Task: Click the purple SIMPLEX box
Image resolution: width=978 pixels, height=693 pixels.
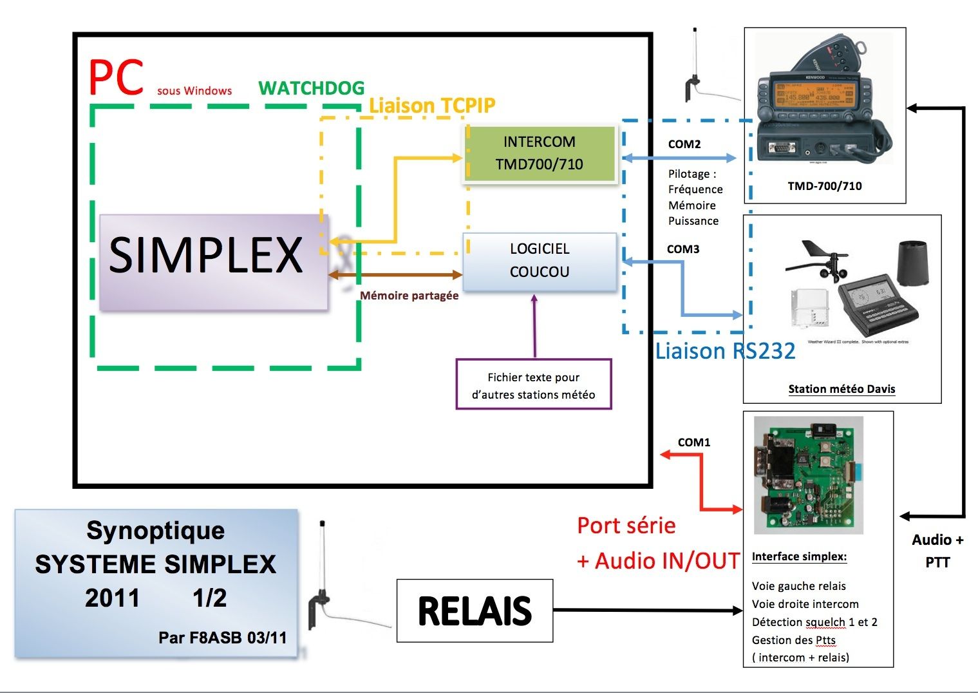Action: [214, 262]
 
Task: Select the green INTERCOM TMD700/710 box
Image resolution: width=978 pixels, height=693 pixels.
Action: [540, 153]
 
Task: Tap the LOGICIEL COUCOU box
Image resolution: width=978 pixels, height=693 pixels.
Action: [540, 261]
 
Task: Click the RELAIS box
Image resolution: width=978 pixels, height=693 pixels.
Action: [475, 611]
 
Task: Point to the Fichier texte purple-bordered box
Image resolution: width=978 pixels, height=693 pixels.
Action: [533, 385]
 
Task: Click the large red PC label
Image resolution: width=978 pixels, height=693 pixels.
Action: [116, 79]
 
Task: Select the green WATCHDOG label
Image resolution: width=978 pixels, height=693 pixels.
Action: [311, 88]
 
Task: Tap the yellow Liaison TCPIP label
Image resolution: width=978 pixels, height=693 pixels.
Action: [431, 106]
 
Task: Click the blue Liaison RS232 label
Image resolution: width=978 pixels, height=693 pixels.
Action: [725, 351]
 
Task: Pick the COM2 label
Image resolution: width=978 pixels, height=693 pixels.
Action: [684, 144]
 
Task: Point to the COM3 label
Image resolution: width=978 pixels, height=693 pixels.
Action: [682, 249]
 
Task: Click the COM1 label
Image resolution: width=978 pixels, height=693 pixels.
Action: [693, 442]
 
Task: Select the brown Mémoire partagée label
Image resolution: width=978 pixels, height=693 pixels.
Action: [409, 296]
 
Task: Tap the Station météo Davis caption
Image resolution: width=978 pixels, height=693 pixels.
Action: [842, 389]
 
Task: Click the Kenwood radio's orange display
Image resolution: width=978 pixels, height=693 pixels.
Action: [814, 96]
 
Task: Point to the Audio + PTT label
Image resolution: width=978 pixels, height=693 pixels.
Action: [937, 551]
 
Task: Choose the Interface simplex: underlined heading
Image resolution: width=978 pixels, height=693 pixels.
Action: [799, 556]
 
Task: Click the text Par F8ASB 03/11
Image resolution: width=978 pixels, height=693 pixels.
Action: [222, 638]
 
